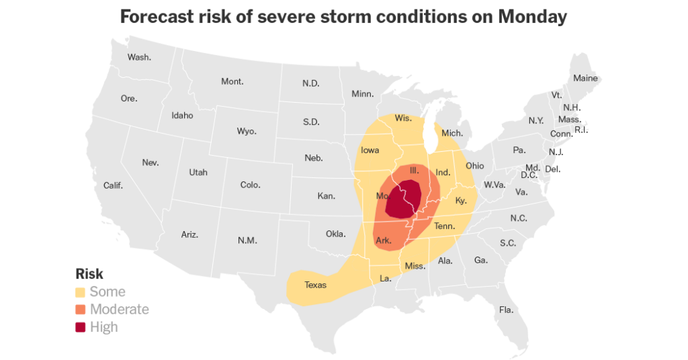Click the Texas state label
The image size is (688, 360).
tap(315, 285)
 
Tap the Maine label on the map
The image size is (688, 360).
tap(585, 79)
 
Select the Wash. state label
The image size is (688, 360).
tap(139, 57)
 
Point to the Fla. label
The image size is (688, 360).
tap(506, 310)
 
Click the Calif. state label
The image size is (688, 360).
tap(113, 185)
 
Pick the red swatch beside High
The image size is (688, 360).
tap(81, 327)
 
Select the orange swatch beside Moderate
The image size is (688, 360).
tap(81, 310)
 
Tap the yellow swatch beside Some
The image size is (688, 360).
tap(81, 292)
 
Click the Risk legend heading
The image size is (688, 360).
tap(89, 274)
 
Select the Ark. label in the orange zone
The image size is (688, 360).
tap(384, 240)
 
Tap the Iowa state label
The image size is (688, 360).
tap(370, 150)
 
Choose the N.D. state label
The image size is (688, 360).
tap(310, 83)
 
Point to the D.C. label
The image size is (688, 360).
tap(529, 175)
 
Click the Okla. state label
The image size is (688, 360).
tap(335, 234)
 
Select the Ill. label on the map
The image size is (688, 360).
tap(414, 172)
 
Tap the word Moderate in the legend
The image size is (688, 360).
tap(119, 310)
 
